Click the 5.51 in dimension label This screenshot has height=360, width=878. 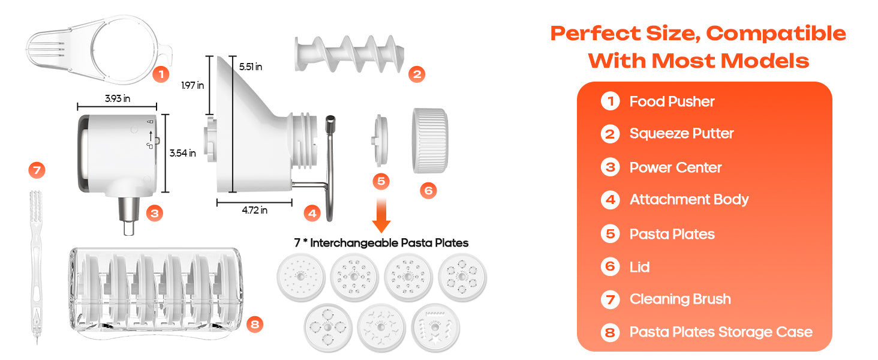click(x=251, y=67)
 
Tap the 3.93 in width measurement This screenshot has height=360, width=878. click(x=117, y=98)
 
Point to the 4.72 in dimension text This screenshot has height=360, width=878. click(x=254, y=210)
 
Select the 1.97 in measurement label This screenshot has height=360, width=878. click(x=193, y=85)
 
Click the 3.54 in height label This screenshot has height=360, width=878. click(x=183, y=153)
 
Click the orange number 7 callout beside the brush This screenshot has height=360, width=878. click(x=37, y=170)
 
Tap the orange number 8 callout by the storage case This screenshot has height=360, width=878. click(x=255, y=325)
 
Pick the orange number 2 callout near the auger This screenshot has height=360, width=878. click(x=417, y=74)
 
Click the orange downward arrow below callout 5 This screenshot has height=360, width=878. click(x=381, y=215)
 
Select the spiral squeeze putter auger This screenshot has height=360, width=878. click(x=349, y=54)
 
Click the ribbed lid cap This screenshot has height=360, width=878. click(x=430, y=140)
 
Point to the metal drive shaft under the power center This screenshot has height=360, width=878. click(x=129, y=215)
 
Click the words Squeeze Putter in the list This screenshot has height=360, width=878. click(x=681, y=133)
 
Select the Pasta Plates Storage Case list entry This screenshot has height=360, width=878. click(x=721, y=332)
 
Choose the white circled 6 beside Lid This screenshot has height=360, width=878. click(x=611, y=266)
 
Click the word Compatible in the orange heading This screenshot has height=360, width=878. click(x=775, y=34)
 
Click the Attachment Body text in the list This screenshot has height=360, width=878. click(x=689, y=200)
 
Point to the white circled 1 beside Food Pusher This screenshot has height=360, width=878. click(x=611, y=101)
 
